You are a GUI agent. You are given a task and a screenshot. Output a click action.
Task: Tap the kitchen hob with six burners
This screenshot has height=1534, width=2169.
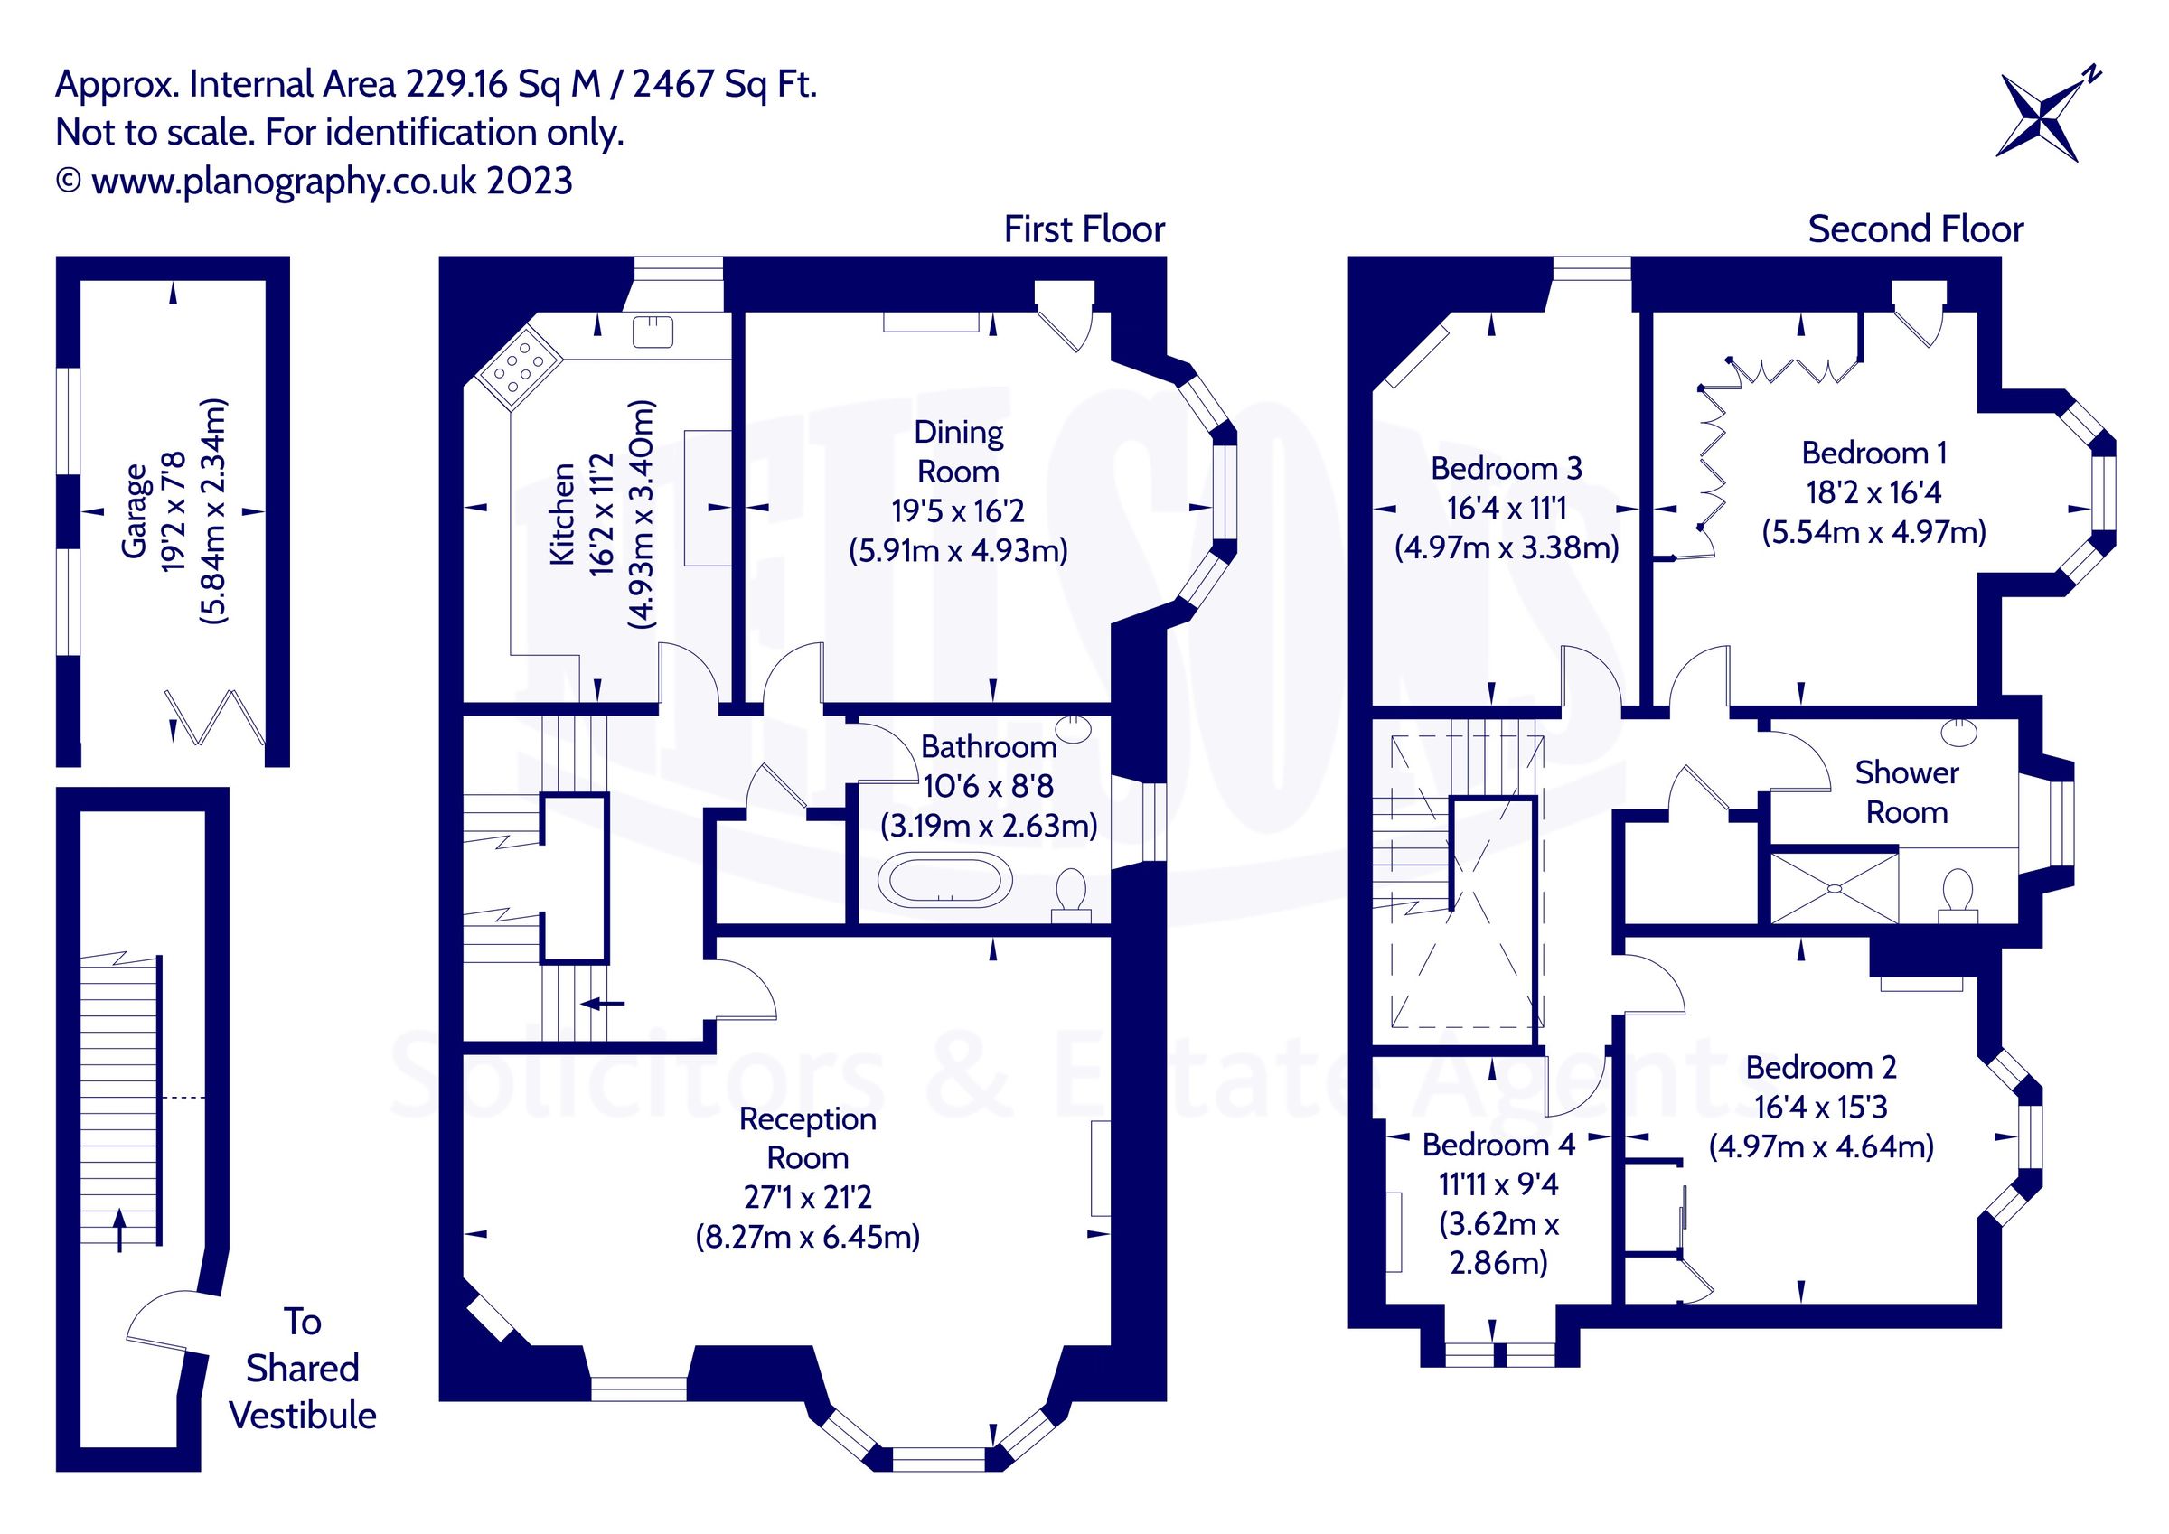pos(519,368)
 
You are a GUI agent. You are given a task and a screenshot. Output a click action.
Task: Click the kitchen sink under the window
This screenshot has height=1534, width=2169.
pos(653,332)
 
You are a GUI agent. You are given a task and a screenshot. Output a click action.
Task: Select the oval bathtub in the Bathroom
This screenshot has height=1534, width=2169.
pos(944,880)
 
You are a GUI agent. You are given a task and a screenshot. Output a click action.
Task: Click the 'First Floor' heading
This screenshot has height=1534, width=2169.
pos(1084,229)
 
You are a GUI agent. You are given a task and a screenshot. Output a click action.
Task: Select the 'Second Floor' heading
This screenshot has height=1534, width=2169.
pos(1915,229)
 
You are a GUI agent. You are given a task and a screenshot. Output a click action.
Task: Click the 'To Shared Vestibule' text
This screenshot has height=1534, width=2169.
pos(302,1368)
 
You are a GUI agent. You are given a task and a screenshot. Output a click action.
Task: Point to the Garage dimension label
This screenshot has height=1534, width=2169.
pos(174,511)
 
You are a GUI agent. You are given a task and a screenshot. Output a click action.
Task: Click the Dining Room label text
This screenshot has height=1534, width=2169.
pos(958,452)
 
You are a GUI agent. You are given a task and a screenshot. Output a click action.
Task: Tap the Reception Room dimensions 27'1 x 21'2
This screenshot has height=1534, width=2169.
pos(808,1197)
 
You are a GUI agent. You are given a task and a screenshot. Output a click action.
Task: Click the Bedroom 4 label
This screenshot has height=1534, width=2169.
pos(1498,1145)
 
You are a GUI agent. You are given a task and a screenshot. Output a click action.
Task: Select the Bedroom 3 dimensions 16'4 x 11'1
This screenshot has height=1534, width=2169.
pos(1507,509)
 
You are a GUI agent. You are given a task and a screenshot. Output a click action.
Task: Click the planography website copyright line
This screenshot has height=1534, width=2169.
pos(314,181)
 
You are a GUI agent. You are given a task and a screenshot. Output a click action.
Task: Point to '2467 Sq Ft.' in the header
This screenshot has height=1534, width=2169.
pos(725,85)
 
